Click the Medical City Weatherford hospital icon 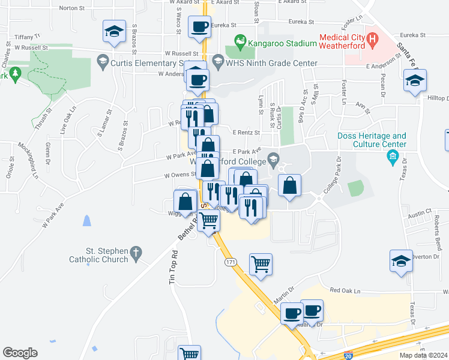coord(372,41)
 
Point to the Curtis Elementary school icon coord(102,61)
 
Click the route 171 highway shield coord(231,263)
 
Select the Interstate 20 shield coord(348,355)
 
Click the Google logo coord(20,353)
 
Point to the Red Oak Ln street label coord(344,290)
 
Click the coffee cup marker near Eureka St coord(199,27)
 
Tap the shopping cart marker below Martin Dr coord(190,353)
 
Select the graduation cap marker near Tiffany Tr coord(113,32)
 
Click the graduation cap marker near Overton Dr coord(401,261)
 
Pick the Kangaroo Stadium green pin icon coord(241,41)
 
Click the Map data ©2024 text coord(423,355)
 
